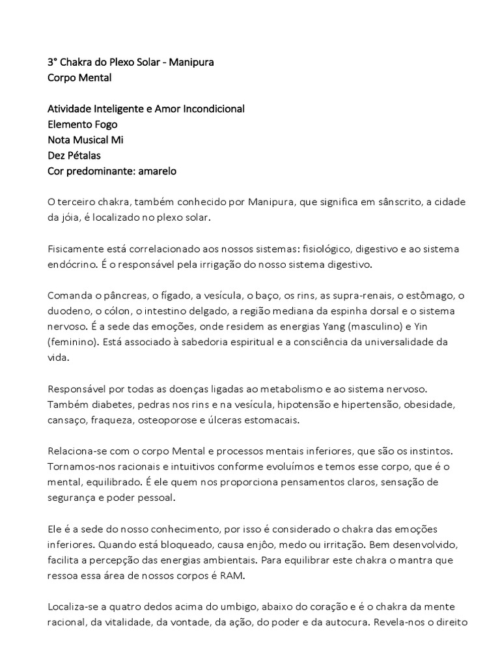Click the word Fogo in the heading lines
tap(105, 124)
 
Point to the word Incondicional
tap(208, 109)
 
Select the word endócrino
tap(74, 265)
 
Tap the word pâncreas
tap(125, 296)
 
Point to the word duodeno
tap(70, 312)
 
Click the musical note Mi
tap(116, 140)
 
